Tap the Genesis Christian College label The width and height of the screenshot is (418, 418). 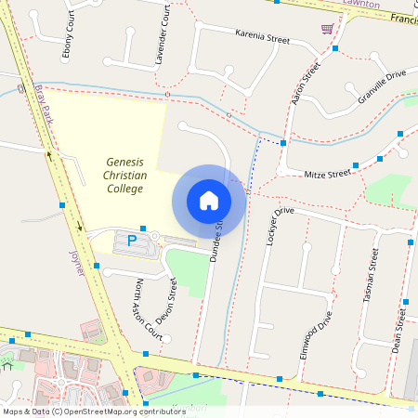124,176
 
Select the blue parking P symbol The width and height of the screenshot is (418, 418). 132,240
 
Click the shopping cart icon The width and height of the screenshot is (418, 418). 327,29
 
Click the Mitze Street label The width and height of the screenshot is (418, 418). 327,173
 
